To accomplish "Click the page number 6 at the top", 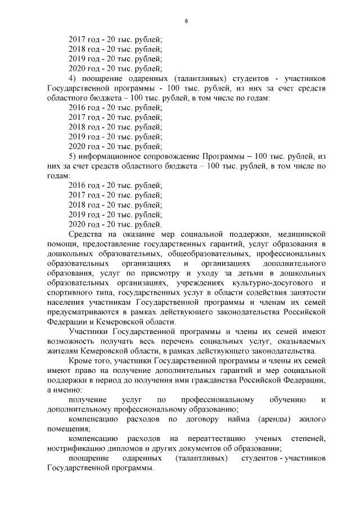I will [x=186, y=21].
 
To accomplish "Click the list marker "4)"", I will [x=72, y=78].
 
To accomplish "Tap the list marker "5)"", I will [x=72, y=156].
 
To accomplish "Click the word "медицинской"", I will [x=299, y=233].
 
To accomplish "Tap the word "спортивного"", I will [x=71, y=292].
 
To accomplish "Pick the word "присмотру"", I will [x=149, y=273].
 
